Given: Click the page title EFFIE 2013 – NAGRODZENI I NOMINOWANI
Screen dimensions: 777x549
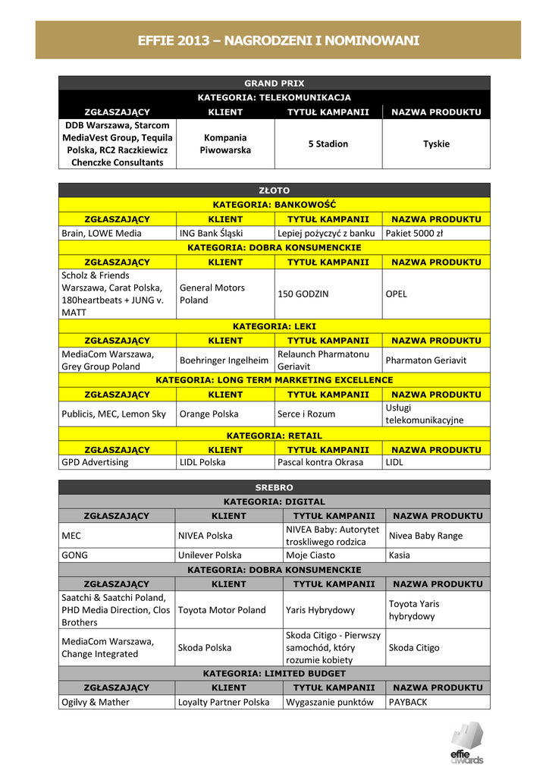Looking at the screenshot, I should click(x=278, y=40).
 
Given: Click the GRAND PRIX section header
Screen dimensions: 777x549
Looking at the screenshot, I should click(x=274, y=83).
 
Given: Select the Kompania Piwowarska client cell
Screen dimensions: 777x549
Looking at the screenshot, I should click(x=225, y=143).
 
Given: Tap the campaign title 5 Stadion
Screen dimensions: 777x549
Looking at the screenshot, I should click(x=328, y=143).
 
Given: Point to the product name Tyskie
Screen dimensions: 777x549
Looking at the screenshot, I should click(x=436, y=143).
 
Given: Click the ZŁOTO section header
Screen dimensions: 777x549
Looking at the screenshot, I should click(x=274, y=190).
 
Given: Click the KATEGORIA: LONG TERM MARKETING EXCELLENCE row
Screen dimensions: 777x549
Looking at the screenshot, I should click(x=274, y=379).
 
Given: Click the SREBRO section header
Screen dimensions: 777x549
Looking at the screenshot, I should click(x=274, y=487).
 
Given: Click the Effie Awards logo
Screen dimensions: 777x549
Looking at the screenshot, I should click(x=466, y=743).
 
